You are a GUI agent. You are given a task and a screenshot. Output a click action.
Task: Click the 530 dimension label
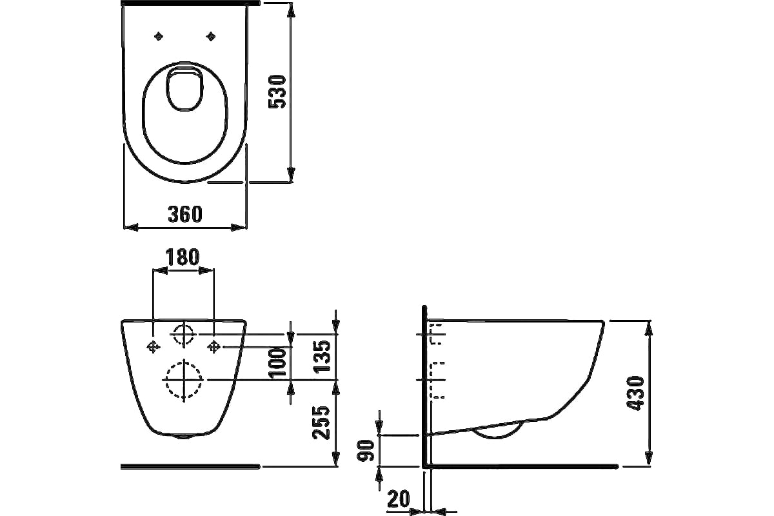click(x=277, y=92)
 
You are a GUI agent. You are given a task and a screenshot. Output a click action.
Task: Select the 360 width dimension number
click(x=185, y=214)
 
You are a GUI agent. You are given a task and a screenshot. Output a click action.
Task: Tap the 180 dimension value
click(x=183, y=257)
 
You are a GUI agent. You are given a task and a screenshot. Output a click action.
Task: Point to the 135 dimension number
click(x=322, y=357)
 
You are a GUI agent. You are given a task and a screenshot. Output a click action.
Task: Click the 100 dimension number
click(x=279, y=362)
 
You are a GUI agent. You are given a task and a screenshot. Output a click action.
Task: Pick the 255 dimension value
click(x=321, y=423)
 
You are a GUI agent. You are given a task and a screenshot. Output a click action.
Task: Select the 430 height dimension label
click(x=635, y=393)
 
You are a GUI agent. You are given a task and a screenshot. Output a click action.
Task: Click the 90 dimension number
click(x=365, y=450)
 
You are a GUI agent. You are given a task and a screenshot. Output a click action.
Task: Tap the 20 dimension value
click(x=399, y=499)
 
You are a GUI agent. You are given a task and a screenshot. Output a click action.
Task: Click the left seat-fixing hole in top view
click(x=159, y=36)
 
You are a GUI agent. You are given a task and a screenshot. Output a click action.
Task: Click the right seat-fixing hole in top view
click(x=211, y=36)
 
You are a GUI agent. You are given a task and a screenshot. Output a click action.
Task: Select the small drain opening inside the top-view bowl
click(x=185, y=90)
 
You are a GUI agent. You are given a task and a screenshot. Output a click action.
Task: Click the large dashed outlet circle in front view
click(x=183, y=380)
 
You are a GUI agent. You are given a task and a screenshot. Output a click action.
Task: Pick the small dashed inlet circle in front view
click(x=183, y=335)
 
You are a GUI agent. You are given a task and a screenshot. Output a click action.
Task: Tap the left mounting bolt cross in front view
click(x=153, y=346)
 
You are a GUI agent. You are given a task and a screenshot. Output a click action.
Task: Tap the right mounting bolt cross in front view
click(x=214, y=346)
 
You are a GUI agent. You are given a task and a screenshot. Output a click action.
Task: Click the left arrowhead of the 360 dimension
click(x=131, y=228)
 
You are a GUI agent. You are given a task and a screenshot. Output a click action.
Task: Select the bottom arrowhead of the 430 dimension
click(x=650, y=459)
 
